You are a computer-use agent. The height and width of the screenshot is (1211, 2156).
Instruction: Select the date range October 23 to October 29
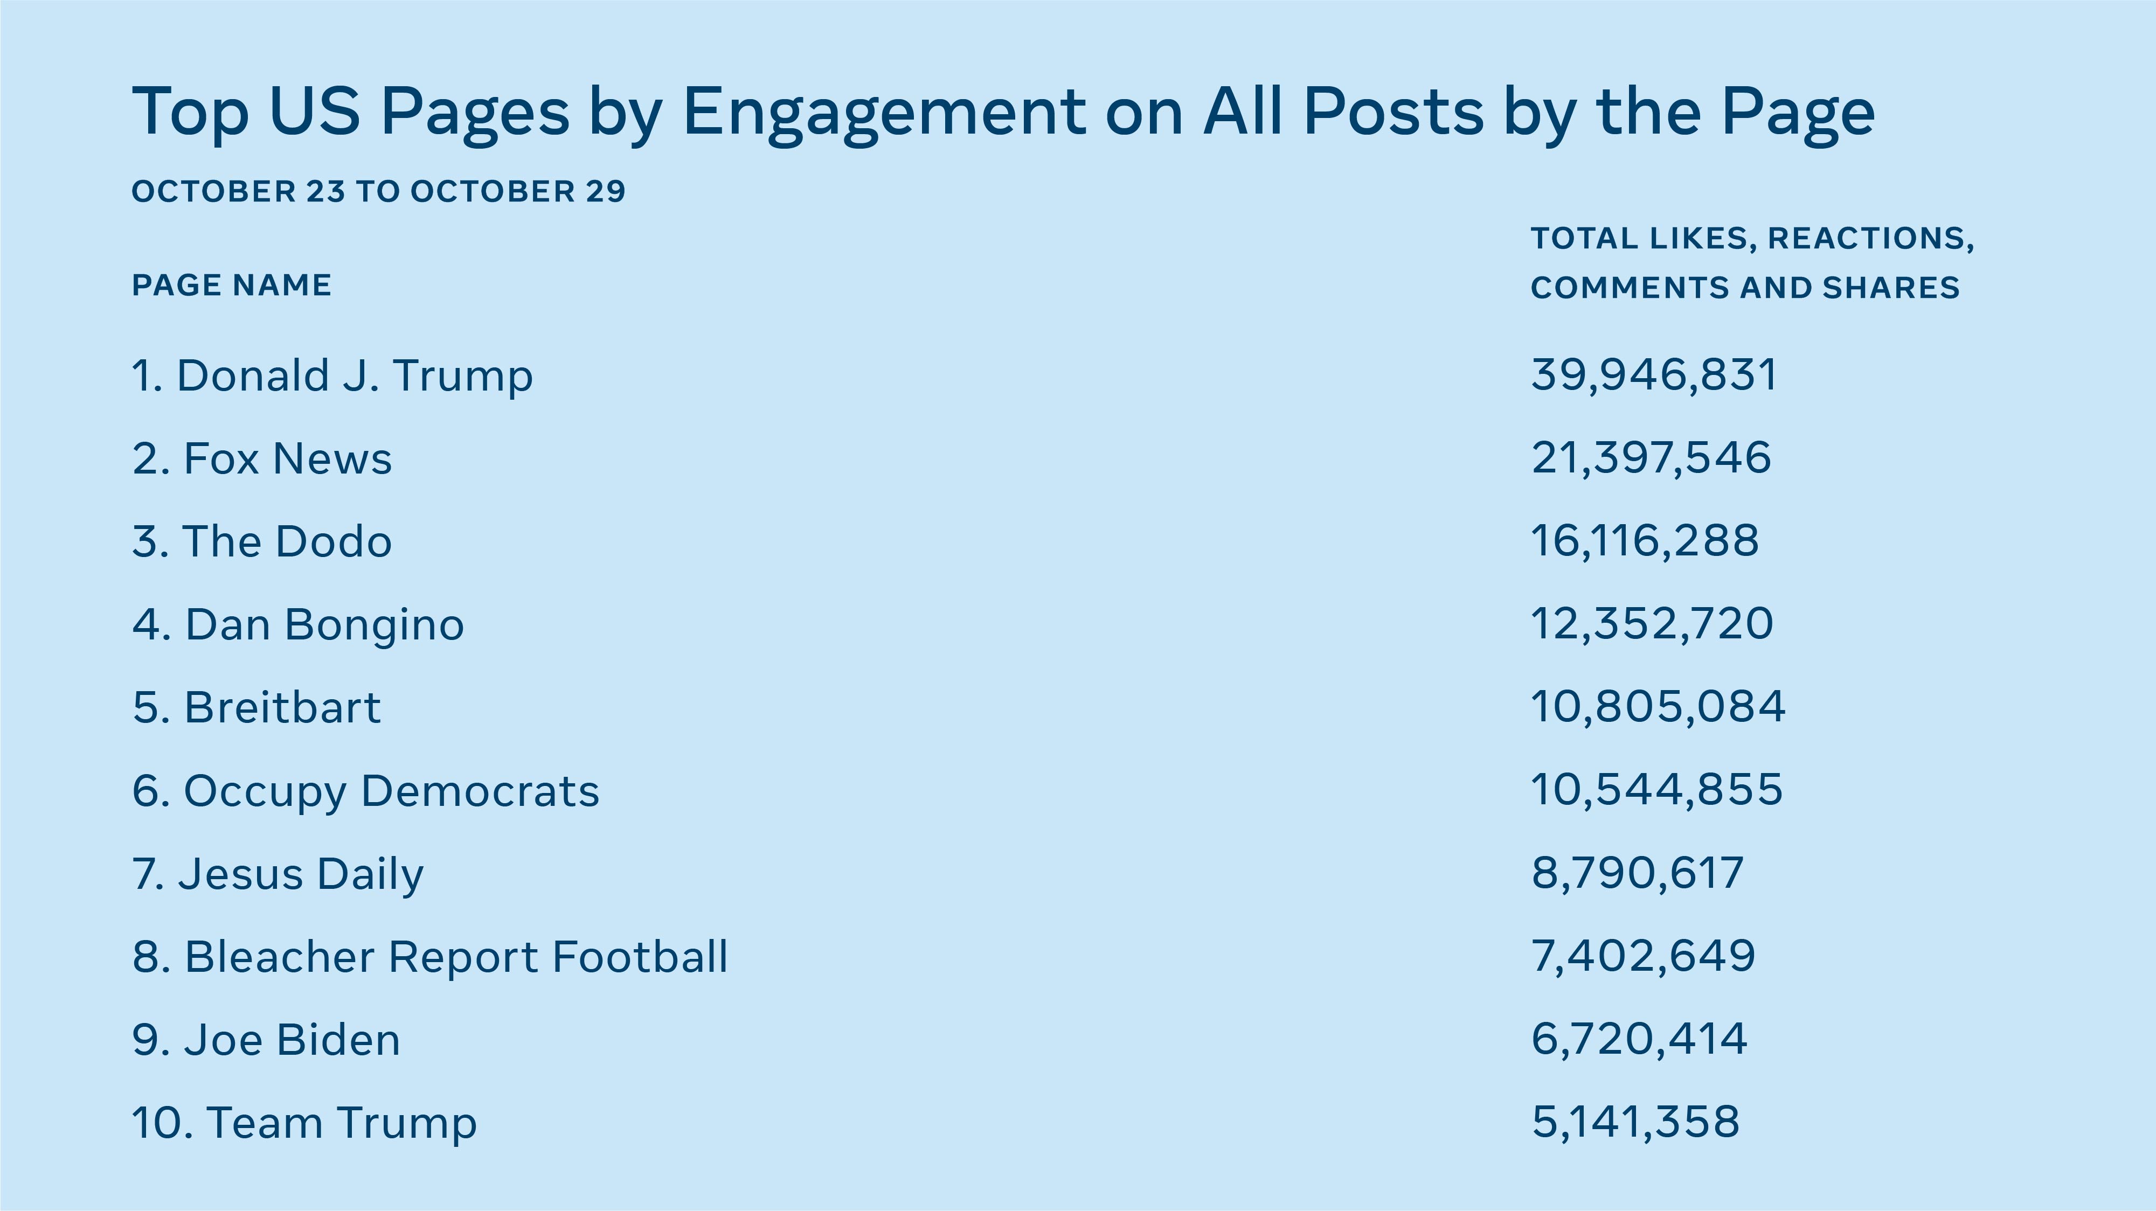coord(378,192)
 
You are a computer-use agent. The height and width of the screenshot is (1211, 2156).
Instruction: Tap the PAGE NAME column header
coord(232,286)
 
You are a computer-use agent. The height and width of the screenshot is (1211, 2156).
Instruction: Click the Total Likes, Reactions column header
coord(1752,263)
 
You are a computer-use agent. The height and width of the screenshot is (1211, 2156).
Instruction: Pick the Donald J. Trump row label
coord(332,376)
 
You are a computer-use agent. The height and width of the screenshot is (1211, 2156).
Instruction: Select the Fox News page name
coord(262,458)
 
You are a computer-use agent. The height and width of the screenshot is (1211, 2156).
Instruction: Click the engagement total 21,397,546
coord(1651,458)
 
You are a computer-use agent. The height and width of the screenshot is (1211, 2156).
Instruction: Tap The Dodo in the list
coord(262,541)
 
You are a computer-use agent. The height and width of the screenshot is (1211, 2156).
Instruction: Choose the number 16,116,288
coord(1645,541)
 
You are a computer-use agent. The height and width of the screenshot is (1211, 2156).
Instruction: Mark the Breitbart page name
coord(257,707)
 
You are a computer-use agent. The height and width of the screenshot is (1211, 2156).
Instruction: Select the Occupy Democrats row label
coord(366,791)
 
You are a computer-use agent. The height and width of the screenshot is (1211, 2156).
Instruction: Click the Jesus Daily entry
coord(278,874)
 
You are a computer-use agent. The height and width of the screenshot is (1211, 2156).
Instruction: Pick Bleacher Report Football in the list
coord(430,957)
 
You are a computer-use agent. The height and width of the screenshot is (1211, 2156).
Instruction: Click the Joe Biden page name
coord(266,1040)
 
